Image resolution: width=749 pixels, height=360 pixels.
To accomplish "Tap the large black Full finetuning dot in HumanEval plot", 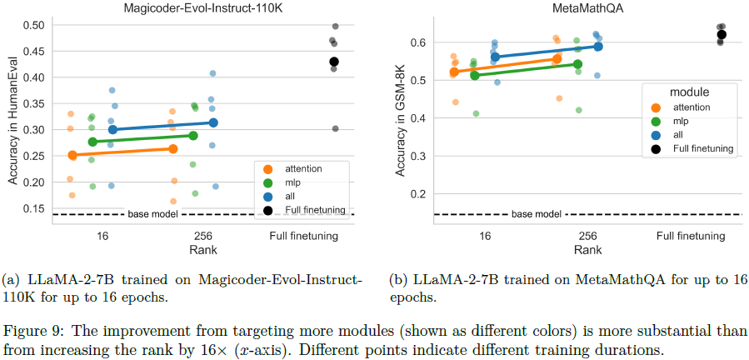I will [334, 62].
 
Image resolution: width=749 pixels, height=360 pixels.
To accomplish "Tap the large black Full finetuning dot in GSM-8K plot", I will [722, 34].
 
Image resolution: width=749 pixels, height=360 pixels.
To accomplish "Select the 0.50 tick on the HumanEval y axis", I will [32, 25].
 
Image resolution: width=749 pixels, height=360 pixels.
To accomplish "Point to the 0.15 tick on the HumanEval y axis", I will [32, 208].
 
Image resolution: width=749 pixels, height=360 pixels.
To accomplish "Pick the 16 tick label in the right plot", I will [485, 236].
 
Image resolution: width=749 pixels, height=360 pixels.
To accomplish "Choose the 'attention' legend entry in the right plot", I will [691, 107].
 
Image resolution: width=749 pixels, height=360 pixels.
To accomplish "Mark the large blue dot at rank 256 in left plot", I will [213, 122].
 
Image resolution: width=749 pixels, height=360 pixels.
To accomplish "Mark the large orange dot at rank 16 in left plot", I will [72, 155].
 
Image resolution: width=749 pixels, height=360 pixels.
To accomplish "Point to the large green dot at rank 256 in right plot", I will [578, 64].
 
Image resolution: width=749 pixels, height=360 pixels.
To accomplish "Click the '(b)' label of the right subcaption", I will [397, 279].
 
